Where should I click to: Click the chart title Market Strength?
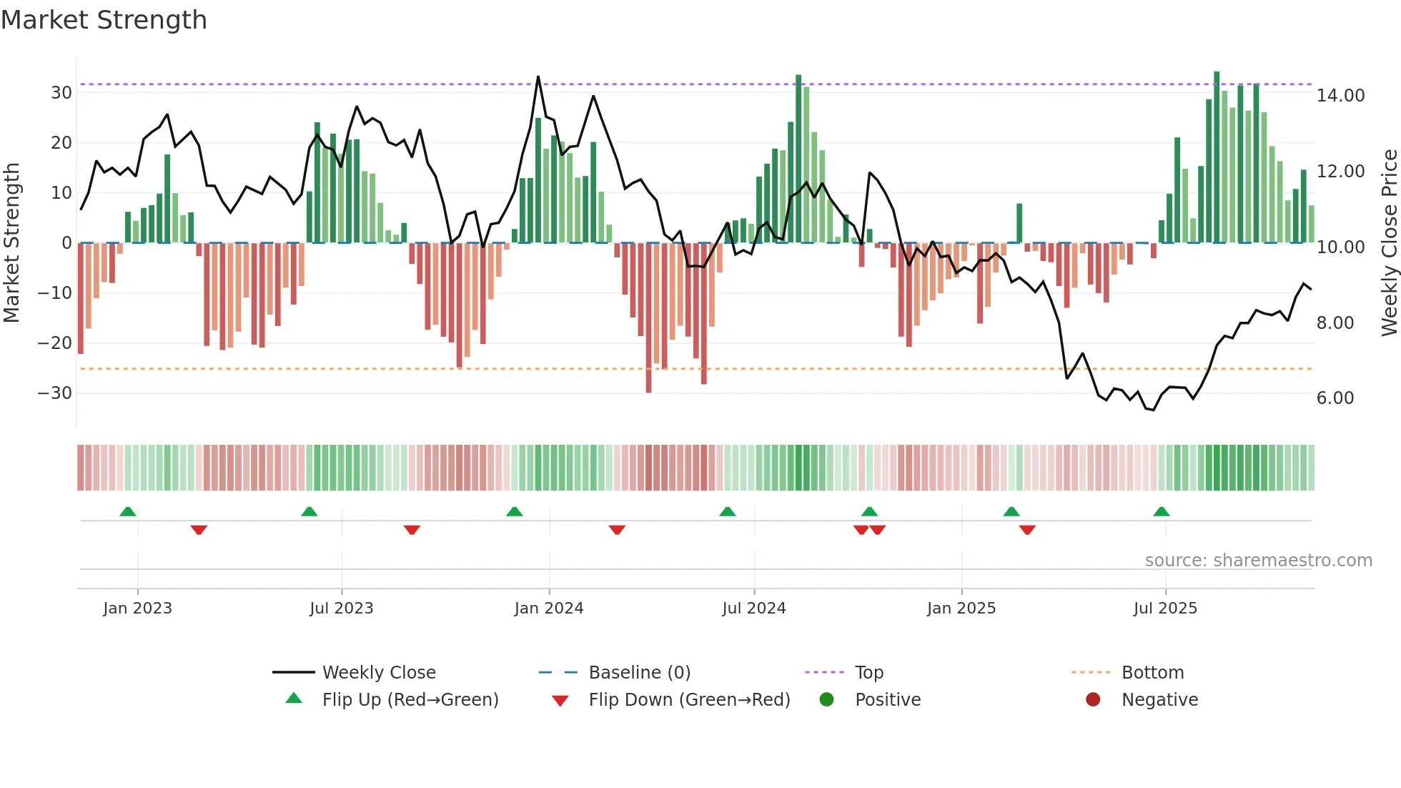pos(104,20)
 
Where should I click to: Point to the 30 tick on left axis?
pos(61,93)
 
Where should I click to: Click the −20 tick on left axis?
pos(55,343)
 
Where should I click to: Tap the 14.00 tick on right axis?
pos(1340,96)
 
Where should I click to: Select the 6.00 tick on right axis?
pos(1335,398)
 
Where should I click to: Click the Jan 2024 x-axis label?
pos(548,609)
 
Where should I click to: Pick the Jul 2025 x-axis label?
pos(1164,609)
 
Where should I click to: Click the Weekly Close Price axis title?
pos(1389,243)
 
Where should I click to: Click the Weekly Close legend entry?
pos(378,673)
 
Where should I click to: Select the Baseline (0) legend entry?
pos(639,673)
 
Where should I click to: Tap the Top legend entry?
pos(868,673)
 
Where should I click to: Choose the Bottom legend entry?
pos(1152,673)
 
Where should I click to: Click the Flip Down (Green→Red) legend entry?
pos(688,700)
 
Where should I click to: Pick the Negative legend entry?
pos(1159,700)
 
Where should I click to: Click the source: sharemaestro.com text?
pos(1258,561)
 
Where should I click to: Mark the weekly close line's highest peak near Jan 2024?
pos(538,77)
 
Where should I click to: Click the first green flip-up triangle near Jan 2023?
pos(128,512)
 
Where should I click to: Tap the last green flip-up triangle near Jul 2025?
pos(1161,512)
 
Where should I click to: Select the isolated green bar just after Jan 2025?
pos(1019,223)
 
